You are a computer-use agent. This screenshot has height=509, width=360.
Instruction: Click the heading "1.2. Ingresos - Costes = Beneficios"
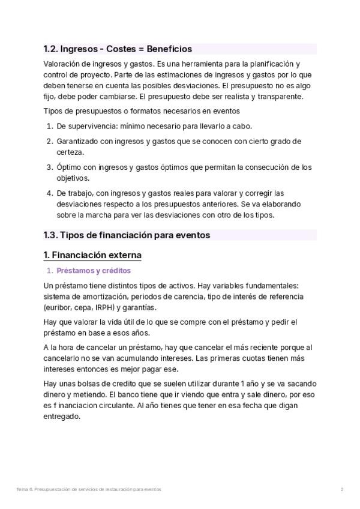tap(118, 49)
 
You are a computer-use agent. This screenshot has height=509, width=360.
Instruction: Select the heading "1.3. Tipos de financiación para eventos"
tap(127, 235)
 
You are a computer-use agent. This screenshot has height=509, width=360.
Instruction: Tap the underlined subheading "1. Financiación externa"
tap(92, 255)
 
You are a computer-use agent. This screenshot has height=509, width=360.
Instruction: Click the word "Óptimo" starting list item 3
tap(68, 167)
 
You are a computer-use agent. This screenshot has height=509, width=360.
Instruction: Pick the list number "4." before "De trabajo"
tap(50, 193)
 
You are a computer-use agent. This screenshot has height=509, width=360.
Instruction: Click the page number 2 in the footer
tap(341, 490)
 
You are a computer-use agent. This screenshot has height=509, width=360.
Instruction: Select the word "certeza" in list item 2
tap(69, 152)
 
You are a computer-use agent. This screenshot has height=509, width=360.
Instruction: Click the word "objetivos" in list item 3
tap(73, 178)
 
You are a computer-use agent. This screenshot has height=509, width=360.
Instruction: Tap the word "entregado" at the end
tap(61, 417)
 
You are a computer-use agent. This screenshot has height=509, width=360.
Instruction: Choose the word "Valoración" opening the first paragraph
tap(63, 64)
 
